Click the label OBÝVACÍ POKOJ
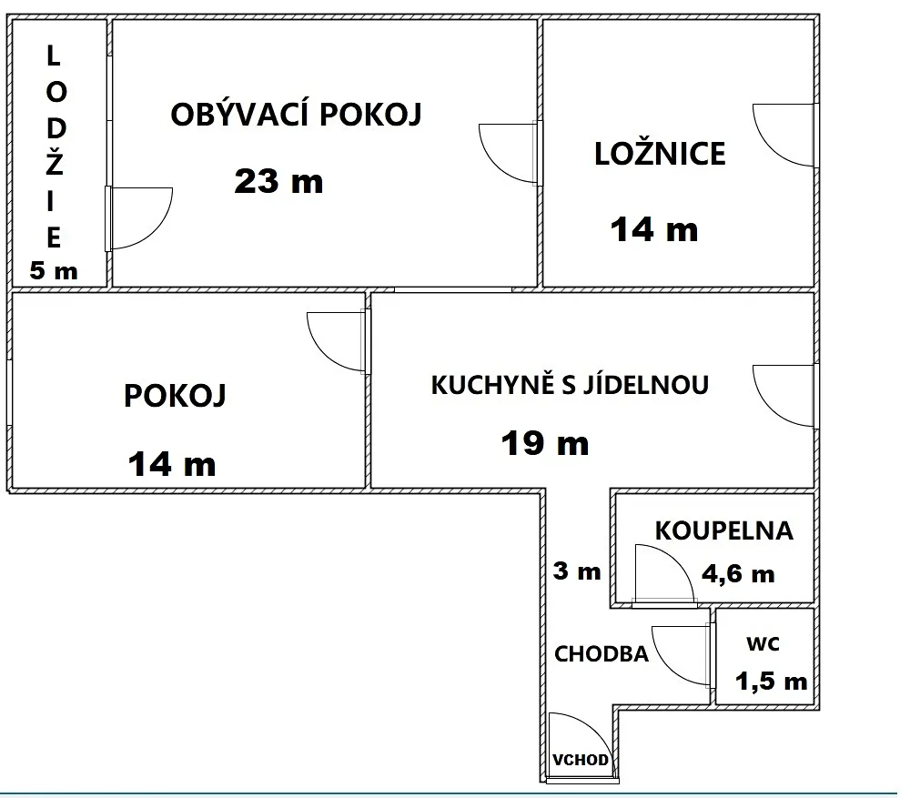[x=296, y=114]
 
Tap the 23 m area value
[x=278, y=181]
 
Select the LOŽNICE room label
[x=660, y=153]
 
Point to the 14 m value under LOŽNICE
[x=654, y=229]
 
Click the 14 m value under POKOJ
[x=172, y=464]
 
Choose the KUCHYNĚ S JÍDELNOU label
[x=570, y=384]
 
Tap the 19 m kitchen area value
[x=545, y=443]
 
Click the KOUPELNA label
[x=723, y=530]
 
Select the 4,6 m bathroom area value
[x=738, y=574]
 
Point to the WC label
[x=763, y=643]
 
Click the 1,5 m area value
[x=772, y=681]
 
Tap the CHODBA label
[x=602, y=654]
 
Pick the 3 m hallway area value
[x=577, y=571]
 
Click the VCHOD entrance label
[x=581, y=760]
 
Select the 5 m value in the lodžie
[x=54, y=271]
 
